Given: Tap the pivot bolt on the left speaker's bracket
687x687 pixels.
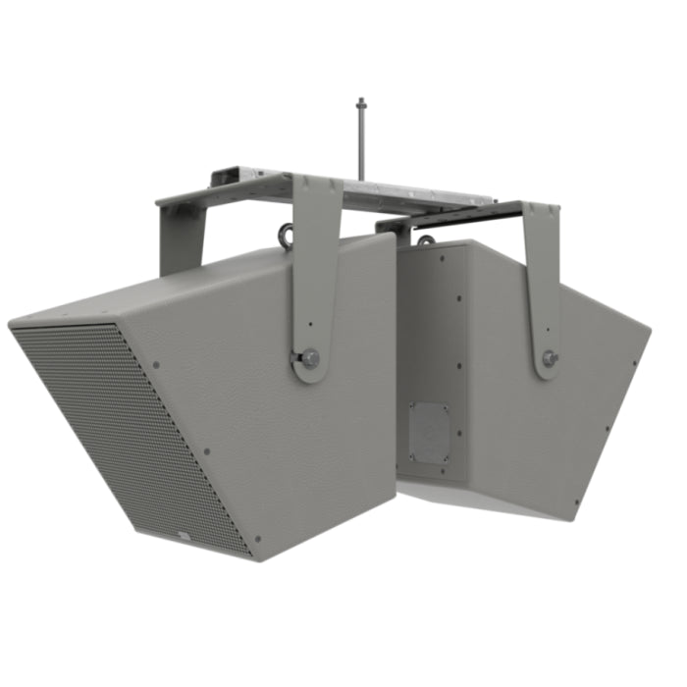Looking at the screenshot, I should (310, 357).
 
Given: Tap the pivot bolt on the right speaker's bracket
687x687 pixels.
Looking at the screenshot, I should (551, 358).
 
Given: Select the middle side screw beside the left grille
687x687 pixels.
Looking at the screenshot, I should (206, 452).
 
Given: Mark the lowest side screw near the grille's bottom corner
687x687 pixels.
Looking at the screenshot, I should (257, 538).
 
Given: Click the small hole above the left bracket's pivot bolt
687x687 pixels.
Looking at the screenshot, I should (311, 324).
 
